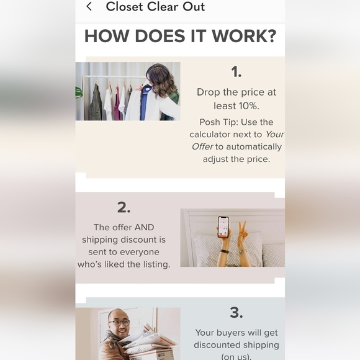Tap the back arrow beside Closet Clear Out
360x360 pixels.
pyautogui.click(x=89, y=6)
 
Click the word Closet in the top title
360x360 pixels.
pyautogui.click(x=124, y=6)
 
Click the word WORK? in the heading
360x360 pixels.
pyautogui.click(x=244, y=36)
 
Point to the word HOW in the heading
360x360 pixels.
pyautogui.click(x=107, y=36)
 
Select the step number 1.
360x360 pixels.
pyautogui.click(x=236, y=71)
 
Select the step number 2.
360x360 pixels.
pyautogui.click(x=124, y=207)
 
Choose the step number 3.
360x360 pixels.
pyautogui.click(x=236, y=312)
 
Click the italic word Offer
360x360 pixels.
pyautogui.click(x=202, y=146)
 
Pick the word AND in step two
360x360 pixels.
pyautogui.click(x=144, y=227)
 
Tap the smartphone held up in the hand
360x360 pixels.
pyautogui.click(x=223, y=227)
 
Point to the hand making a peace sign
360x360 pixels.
pyautogui.click(x=243, y=233)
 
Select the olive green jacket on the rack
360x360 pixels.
pyautogui.click(x=96, y=102)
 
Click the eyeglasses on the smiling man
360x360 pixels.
pyautogui.click(x=119, y=323)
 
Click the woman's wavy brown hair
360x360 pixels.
pyautogui.click(x=161, y=80)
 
